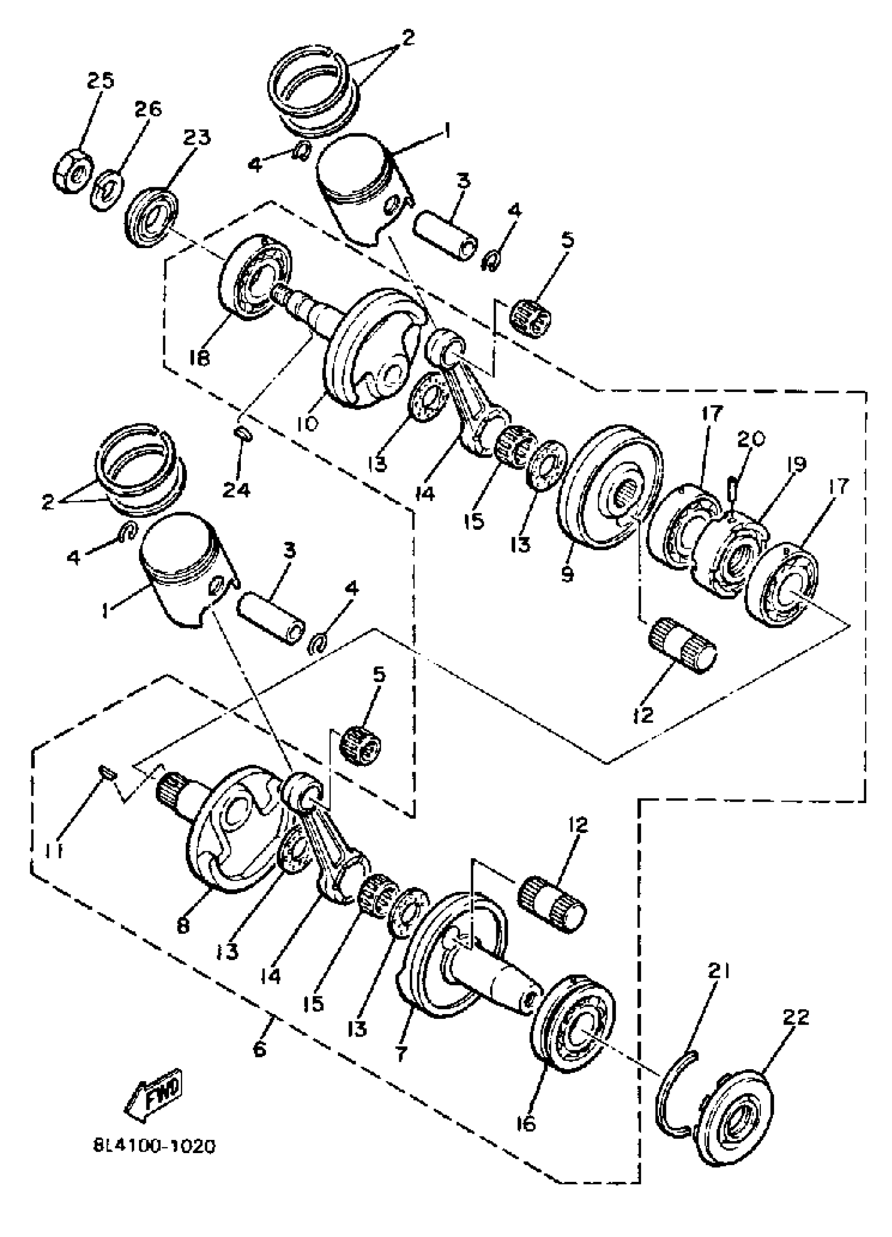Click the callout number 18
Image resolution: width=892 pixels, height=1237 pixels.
200,358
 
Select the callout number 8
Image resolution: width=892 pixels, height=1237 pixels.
183,925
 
